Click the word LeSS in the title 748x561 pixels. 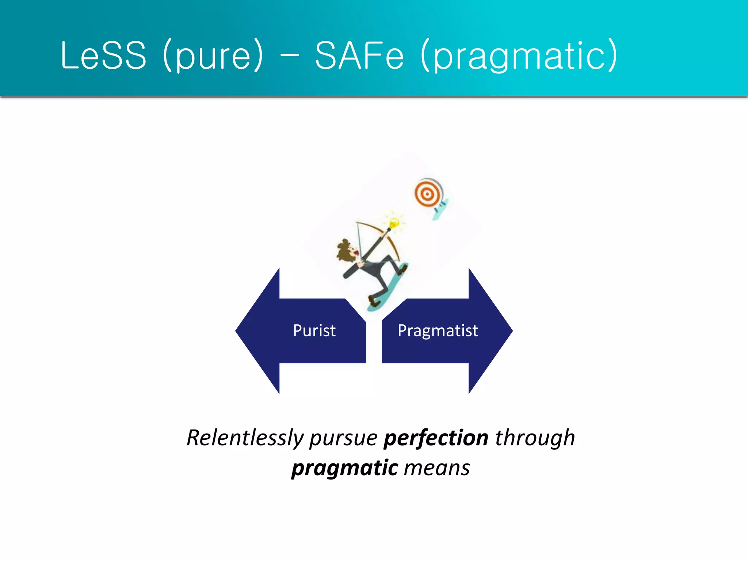[x=103, y=56]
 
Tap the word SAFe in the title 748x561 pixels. [x=359, y=56]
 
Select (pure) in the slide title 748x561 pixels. [x=213, y=56]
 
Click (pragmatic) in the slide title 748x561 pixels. [x=519, y=56]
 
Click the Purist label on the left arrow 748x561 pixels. [x=314, y=331]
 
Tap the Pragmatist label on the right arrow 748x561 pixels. [x=438, y=331]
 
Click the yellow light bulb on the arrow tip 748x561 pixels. [x=394, y=222]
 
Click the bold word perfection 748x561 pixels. [x=435, y=438]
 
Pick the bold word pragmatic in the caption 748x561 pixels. [x=344, y=468]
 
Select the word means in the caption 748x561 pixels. [x=437, y=468]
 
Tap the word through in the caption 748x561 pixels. [x=535, y=438]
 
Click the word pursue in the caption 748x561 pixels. [x=343, y=438]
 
